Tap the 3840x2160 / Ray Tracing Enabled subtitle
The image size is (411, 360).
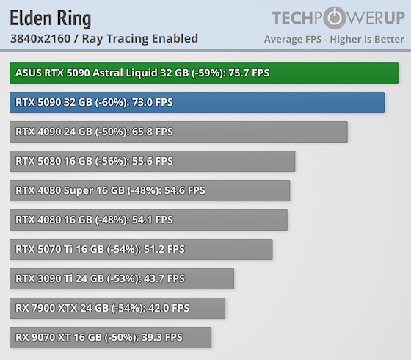click(103, 38)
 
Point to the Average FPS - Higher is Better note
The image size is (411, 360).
click(334, 39)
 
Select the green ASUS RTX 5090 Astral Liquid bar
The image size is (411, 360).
click(203, 73)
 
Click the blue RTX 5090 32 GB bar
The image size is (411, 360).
click(197, 103)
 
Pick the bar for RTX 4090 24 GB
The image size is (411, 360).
click(178, 132)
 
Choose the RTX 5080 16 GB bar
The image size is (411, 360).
click(152, 162)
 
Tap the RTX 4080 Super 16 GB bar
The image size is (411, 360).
click(150, 191)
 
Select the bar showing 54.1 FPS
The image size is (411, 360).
click(148, 220)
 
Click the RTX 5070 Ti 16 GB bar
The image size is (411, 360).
click(141, 249)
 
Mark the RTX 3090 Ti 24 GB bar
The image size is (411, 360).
click(122, 278)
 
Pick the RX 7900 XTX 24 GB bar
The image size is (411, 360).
click(117, 308)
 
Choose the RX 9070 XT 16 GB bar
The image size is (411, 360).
click(110, 337)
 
